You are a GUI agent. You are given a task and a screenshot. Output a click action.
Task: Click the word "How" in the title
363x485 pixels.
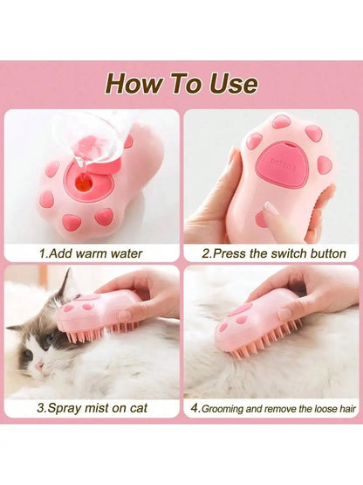click(134, 83)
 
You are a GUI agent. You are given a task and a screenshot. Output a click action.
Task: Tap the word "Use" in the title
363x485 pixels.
click(234, 83)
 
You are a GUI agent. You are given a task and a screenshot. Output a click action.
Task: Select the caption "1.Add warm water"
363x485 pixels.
click(91, 253)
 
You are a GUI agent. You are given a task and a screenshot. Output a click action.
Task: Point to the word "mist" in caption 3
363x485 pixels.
click(97, 408)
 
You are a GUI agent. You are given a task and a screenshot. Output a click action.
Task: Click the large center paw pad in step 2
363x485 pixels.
click(280, 163)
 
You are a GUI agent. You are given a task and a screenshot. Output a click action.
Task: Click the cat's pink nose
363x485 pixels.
click(39, 367)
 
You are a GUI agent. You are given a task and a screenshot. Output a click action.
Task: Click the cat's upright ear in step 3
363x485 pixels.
click(65, 284)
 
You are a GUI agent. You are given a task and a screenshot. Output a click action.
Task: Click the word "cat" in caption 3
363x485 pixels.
click(139, 408)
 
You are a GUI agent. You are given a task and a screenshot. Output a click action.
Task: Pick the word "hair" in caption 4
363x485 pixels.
click(348, 409)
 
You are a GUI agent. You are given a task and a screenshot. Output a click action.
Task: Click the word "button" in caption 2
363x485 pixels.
click(328, 253)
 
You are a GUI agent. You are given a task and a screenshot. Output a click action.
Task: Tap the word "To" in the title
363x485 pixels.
click(186, 83)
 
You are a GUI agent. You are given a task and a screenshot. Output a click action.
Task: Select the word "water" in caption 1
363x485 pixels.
click(127, 254)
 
